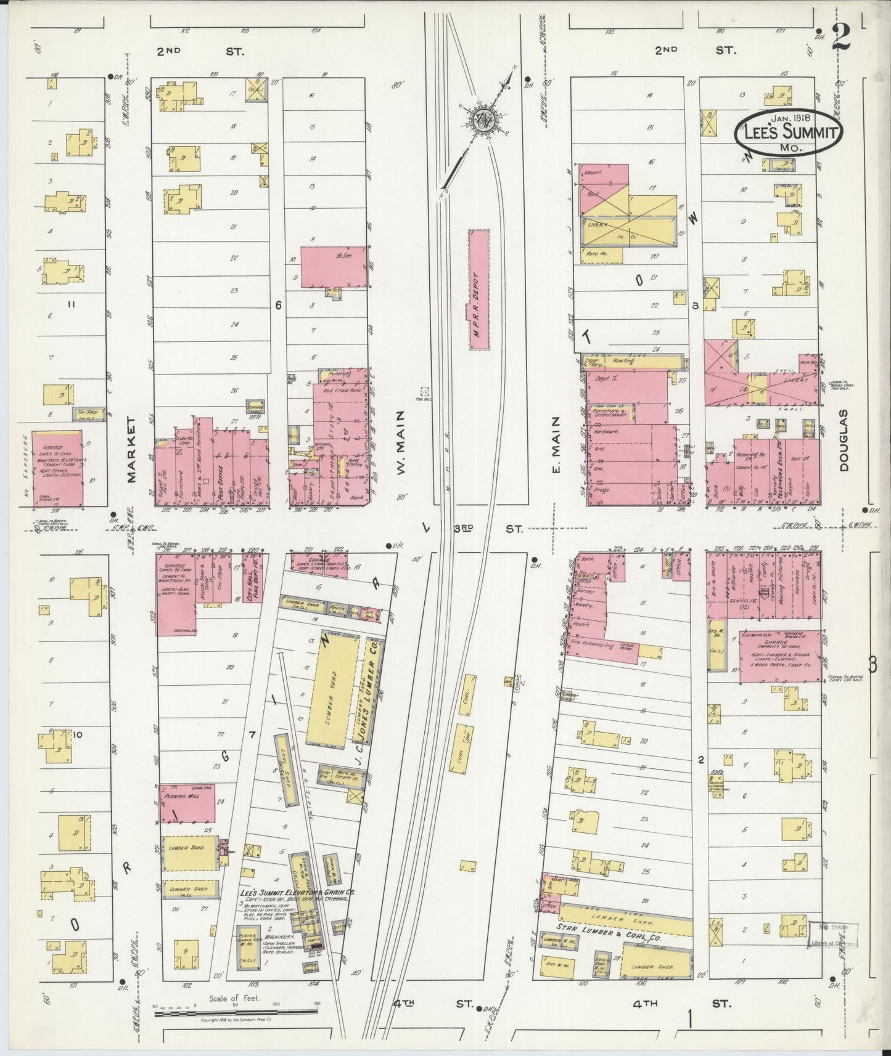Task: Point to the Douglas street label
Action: [x=844, y=441]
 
